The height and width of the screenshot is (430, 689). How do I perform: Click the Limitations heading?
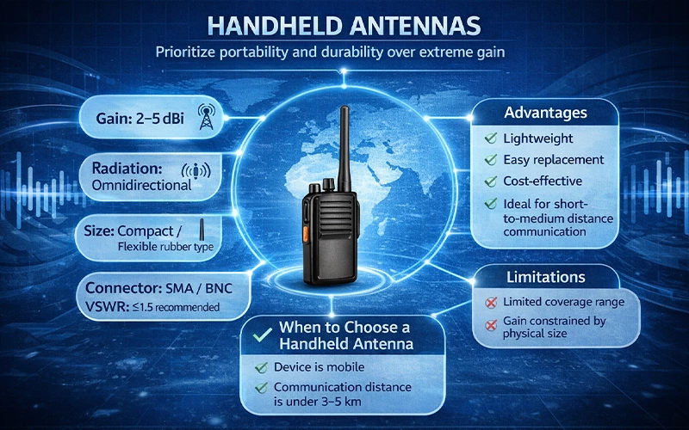[x=544, y=277]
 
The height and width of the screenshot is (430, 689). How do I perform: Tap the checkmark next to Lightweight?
[x=489, y=138]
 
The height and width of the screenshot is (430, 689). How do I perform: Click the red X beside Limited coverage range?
[x=488, y=303]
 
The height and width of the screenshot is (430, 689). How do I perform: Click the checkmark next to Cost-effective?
[x=489, y=181]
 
